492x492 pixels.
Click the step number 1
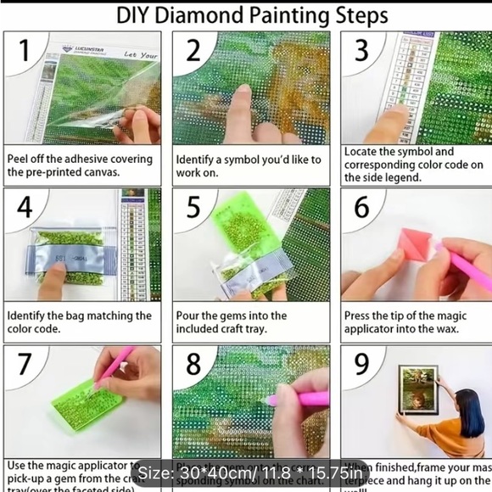(25, 52)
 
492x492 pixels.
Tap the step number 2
(193, 51)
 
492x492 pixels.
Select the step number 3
(361, 50)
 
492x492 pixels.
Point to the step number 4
(25, 208)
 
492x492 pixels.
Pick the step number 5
(193, 208)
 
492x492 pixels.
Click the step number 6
(362, 208)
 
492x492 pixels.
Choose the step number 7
(25, 363)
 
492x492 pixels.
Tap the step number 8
(193, 363)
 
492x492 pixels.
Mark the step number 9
(362, 363)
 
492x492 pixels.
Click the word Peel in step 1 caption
(21, 159)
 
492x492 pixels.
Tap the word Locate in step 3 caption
(363, 152)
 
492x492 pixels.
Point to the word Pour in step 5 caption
(190, 316)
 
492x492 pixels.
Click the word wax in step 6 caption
(448, 328)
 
